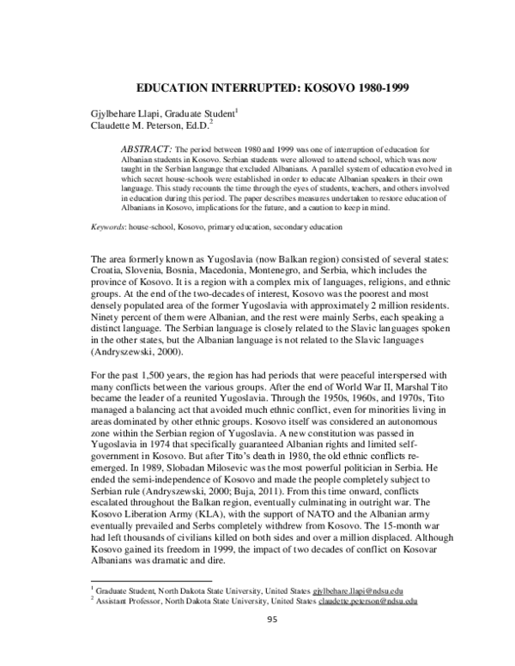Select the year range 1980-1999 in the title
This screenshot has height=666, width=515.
(x=347, y=87)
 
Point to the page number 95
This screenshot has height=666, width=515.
(x=274, y=621)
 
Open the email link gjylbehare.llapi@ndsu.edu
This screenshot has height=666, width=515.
(x=358, y=590)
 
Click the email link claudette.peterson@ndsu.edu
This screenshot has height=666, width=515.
(x=368, y=601)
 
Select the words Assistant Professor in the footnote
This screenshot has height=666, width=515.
(x=129, y=601)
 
